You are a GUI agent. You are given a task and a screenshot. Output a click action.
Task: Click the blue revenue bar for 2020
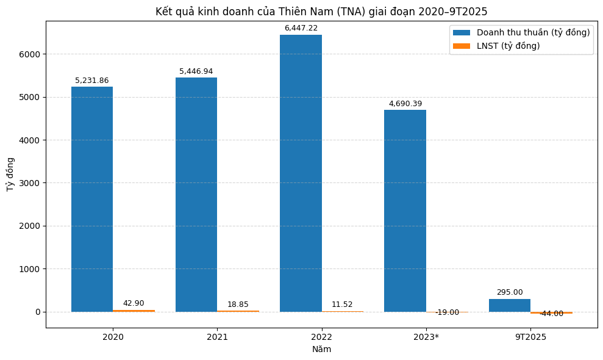[92, 199]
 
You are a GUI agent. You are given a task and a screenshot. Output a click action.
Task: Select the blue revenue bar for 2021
[196, 195]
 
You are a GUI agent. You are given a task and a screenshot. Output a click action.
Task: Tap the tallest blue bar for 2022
[301, 173]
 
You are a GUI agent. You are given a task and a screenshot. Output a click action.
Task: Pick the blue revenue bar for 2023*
[405, 211]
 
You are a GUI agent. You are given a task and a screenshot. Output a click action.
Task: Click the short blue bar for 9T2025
[509, 305]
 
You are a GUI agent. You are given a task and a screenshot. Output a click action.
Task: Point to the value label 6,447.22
[301, 28]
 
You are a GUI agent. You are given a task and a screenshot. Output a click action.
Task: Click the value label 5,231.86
[92, 81]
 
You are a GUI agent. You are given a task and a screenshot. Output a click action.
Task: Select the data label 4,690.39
[405, 104]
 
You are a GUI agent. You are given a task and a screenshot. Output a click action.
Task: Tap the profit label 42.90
[134, 303]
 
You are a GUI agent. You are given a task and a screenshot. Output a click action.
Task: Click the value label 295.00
[509, 292]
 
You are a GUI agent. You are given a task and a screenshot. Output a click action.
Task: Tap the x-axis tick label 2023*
[426, 337]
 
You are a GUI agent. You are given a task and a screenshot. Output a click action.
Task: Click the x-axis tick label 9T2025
[530, 337]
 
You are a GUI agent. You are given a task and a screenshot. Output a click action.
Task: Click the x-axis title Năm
[321, 350]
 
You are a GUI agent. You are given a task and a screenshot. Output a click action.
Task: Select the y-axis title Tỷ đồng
[10, 175]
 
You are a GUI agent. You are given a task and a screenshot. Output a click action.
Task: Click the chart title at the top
[321, 12]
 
